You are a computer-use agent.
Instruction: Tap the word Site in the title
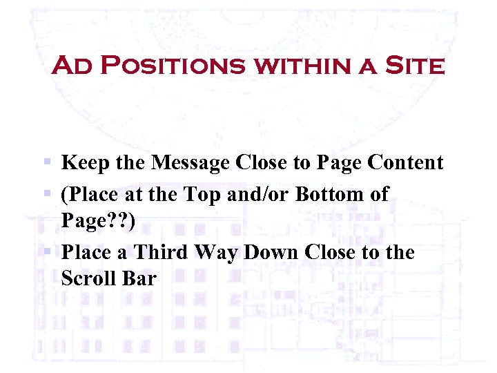tap(414, 66)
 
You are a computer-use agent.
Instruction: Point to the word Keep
tap(84, 163)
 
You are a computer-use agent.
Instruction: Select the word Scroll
tap(89, 279)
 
